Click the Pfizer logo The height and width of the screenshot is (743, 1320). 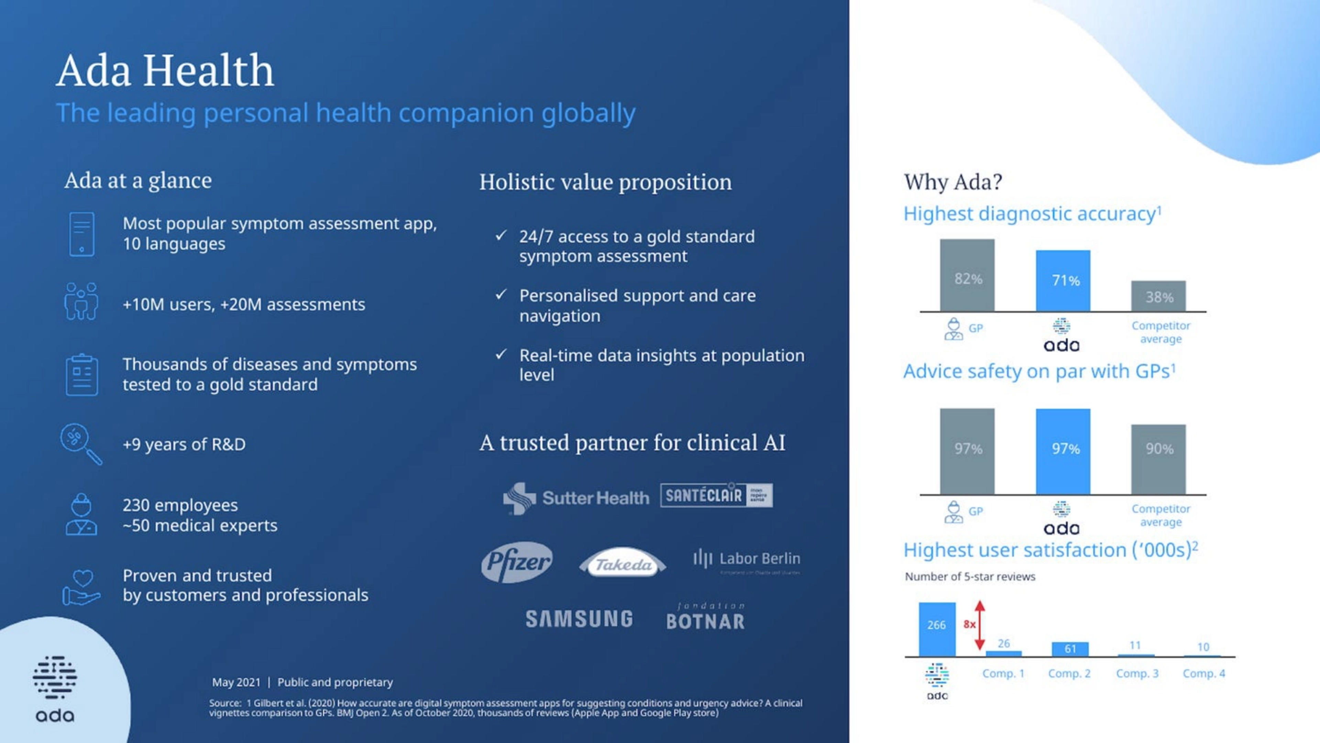pos(517,562)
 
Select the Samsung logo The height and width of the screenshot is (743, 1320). pos(579,619)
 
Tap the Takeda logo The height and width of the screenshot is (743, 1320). pos(623,564)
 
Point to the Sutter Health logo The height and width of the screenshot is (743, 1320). pos(576,498)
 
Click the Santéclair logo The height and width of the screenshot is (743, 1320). pos(716,495)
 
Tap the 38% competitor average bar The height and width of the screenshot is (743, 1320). pos(1158,296)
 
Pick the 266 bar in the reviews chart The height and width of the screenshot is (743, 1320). pos(937,629)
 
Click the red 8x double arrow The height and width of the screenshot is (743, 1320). pos(980,625)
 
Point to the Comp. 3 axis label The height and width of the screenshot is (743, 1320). pos(1137,673)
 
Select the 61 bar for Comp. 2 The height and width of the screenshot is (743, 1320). pos(1070,649)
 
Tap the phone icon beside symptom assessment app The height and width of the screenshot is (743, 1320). pos(81,234)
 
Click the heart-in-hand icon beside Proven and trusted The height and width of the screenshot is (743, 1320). pos(81,587)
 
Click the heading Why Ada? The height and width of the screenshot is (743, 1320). pos(953,182)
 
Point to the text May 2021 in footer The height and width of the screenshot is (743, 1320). pos(236,682)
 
